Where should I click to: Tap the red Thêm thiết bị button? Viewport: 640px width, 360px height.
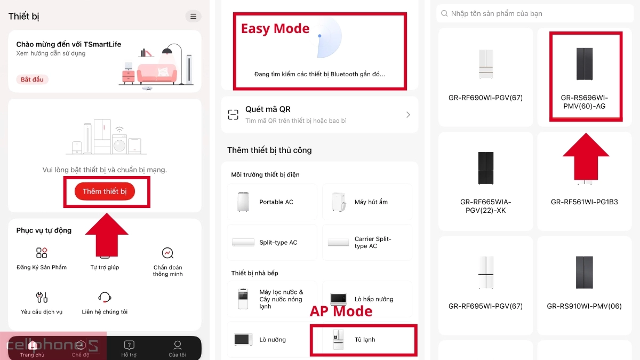coord(105,191)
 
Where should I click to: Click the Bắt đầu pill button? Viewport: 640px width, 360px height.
coord(33,79)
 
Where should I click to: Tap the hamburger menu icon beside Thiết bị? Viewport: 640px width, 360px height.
coord(193,17)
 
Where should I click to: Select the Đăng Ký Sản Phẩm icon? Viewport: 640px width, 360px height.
coord(42,253)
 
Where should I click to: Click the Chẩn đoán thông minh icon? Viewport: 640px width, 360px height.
coord(167,253)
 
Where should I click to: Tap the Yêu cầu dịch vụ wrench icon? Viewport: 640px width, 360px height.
coord(42,297)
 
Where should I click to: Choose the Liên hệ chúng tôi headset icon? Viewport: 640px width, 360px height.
coord(105,297)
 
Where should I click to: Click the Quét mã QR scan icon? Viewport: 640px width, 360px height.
coord(233,115)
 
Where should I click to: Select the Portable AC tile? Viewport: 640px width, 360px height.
coord(272,202)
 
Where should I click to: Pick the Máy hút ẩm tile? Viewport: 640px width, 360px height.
coord(367,202)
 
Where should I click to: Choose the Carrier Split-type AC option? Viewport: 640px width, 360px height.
coord(367,243)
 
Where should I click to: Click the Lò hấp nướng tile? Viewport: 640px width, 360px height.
coord(367,299)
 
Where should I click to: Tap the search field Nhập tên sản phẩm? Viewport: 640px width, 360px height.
coord(533,13)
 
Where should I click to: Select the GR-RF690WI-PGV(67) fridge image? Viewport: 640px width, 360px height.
coord(486,64)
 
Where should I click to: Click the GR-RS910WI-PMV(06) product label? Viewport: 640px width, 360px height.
coord(584,306)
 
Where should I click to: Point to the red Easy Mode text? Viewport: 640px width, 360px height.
coord(275,29)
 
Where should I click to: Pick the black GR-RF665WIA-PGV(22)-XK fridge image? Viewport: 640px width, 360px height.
coord(486,168)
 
